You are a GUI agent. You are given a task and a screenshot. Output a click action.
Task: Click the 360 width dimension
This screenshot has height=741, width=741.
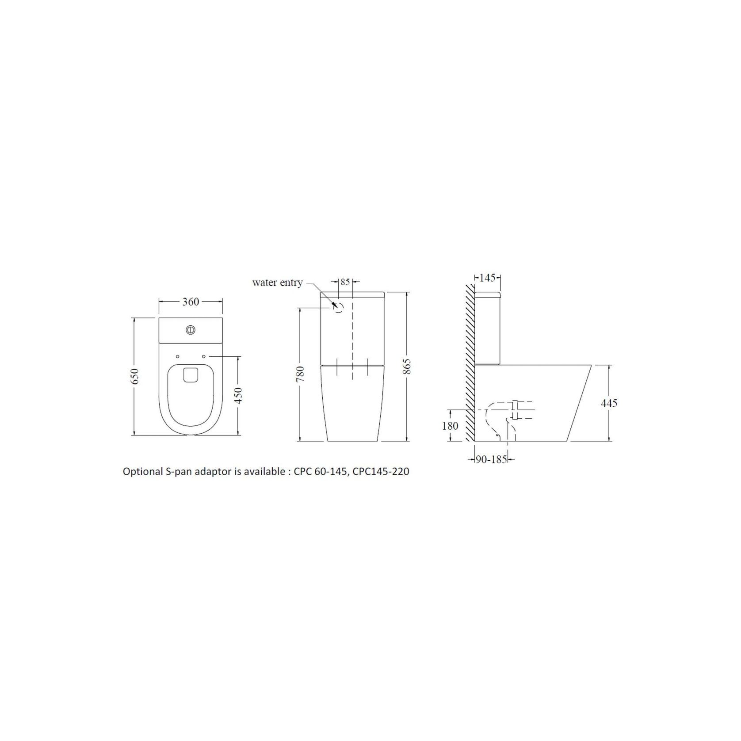click(x=191, y=302)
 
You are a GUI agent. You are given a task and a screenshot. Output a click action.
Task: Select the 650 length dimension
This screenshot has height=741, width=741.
click(x=136, y=376)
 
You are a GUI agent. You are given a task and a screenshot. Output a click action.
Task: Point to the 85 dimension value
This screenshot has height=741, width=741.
click(x=345, y=282)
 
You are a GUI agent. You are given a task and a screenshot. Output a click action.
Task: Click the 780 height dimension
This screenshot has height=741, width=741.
click(x=301, y=374)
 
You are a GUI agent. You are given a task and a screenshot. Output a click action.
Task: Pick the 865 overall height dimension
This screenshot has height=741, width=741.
click(x=407, y=366)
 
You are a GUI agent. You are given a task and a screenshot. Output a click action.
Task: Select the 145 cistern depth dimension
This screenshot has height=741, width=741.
click(x=487, y=278)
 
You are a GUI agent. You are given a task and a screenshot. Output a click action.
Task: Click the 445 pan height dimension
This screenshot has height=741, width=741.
click(x=609, y=403)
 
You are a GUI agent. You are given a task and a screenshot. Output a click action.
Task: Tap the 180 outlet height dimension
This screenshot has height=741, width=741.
click(x=450, y=426)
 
